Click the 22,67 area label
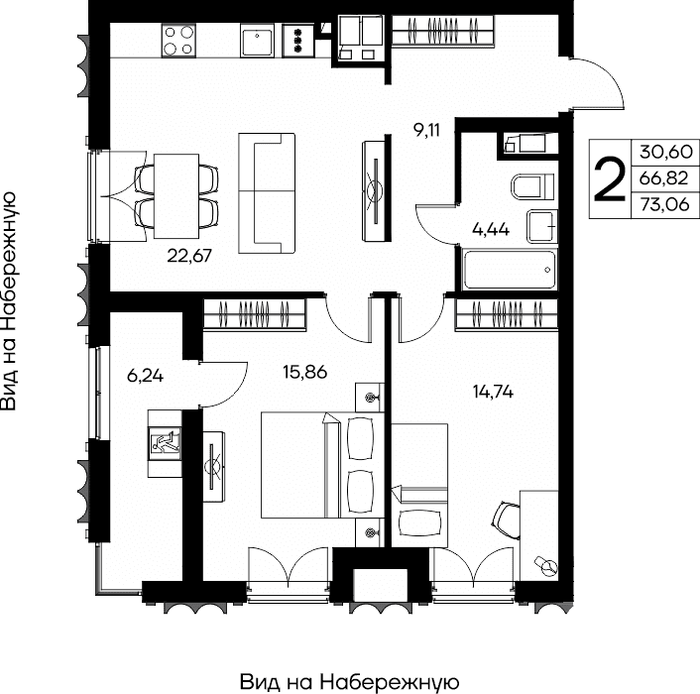tap(189, 256)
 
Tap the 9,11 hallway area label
tap(426, 130)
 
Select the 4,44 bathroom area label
tap(491, 229)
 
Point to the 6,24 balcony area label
tap(145, 376)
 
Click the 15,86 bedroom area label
tap(305, 372)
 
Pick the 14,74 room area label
tap(493, 392)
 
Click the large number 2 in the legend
tap(610, 179)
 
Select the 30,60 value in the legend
tap(665, 152)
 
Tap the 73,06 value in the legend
tap(664, 204)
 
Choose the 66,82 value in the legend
tap(664, 178)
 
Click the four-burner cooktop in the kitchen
tap(178, 41)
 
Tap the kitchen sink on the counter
tap(257, 41)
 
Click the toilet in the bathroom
tap(533, 186)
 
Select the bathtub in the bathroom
tap(511, 270)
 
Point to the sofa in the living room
tap(267, 193)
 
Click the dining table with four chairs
tap(176, 196)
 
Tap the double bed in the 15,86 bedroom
tap(322, 465)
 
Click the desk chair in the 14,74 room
tap(507, 520)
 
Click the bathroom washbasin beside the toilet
tap(542, 226)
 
